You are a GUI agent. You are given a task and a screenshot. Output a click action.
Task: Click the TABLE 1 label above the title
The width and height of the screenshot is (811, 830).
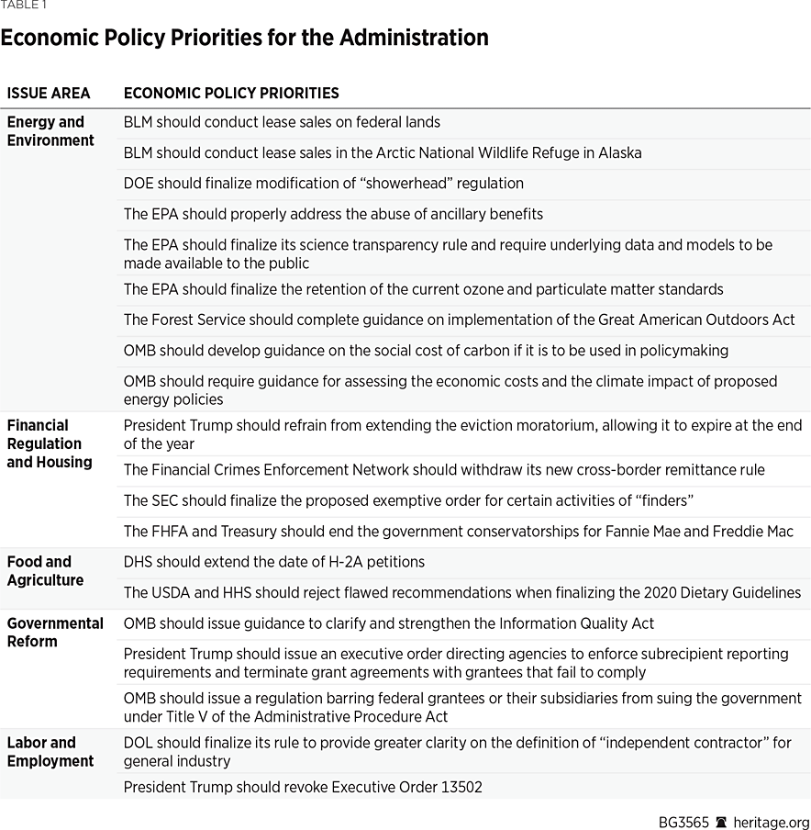[x=24, y=6]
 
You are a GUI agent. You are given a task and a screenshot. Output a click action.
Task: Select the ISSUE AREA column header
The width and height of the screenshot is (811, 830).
[x=49, y=93]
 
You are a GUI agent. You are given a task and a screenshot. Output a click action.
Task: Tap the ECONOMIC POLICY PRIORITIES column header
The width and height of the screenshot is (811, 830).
[x=231, y=93]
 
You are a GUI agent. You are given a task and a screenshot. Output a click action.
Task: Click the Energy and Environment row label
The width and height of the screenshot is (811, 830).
[x=50, y=131]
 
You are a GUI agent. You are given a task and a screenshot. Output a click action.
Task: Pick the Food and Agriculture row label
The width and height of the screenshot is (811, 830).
[x=45, y=571]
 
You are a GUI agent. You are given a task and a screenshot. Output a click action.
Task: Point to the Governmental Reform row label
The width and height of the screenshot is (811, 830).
[x=55, y=633]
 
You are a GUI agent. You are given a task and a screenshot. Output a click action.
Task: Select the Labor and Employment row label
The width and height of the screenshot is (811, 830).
[x=50, y=752]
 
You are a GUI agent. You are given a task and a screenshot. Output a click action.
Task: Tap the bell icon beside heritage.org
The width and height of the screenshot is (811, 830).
[x=721, y=822]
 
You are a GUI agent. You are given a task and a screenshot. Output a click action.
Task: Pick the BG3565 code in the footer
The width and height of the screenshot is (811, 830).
[x=683, y=822]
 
